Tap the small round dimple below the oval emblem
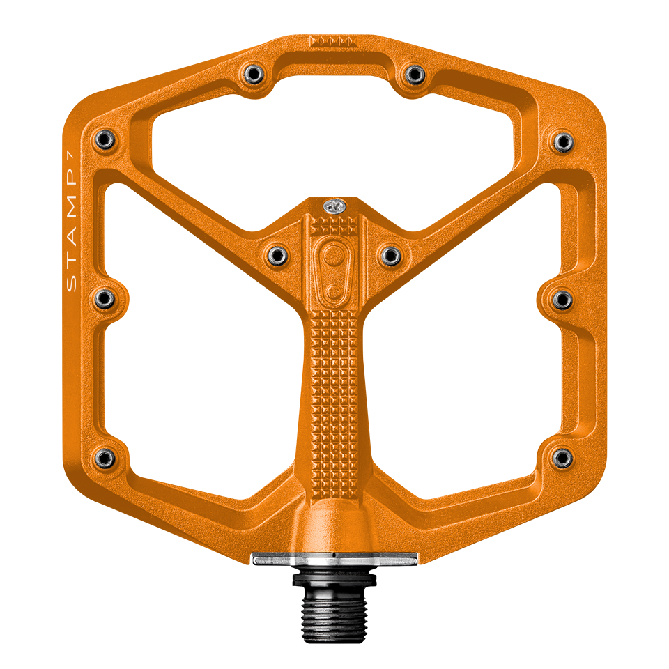(x=334, y=290)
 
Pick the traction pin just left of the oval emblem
(x=277, y=254)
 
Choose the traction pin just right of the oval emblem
(x=390, y=255)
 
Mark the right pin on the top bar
(x=415, y=73)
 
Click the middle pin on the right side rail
(x=562, y=300)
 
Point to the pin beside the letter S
(x=105, y=299)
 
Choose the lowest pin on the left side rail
(x=105, y=457)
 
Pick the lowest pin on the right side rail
(x=562, y=457)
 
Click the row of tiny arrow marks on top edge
(x=333, y=41)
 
